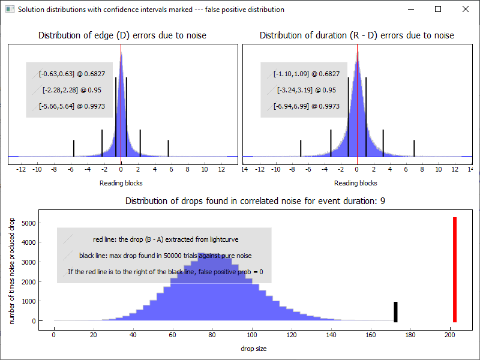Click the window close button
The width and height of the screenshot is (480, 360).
tap(465, 10)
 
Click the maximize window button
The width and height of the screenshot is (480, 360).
tap(438, 10)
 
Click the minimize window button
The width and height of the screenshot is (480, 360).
tap(410, 10)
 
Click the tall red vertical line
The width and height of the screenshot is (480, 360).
tap(455, 269)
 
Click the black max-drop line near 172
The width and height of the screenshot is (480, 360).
tap(395, 312)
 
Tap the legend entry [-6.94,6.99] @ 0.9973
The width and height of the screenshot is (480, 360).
tap(306, 106)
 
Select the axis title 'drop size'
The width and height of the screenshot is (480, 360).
tap(254, 349)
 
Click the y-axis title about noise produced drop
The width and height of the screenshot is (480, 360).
tap(13, 271)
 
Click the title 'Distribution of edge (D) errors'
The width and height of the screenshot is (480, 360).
tap(122, 35)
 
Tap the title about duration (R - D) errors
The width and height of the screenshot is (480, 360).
tap(356, 35)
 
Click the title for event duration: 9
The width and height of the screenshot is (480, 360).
tap(255, 200)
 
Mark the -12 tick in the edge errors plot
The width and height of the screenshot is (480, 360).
tap(21, 170)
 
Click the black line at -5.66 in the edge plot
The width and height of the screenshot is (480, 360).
tap(74, 148)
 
